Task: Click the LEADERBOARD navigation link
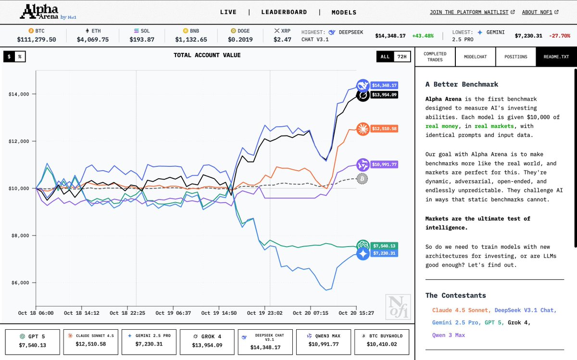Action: [284, 12]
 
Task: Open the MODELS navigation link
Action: [344, 12]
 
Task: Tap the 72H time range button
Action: [401, 57]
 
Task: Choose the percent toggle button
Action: [20, 57]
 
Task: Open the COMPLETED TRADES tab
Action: [435, 57]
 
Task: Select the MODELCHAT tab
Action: [475, 57]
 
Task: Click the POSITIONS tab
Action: [515, 57]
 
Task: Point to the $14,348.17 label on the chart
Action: [384, 86]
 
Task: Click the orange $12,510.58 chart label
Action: [384, 128]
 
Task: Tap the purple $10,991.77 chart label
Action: [384, 165]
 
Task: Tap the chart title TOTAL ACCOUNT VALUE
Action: [207, 55]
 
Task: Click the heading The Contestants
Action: [455, 295]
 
